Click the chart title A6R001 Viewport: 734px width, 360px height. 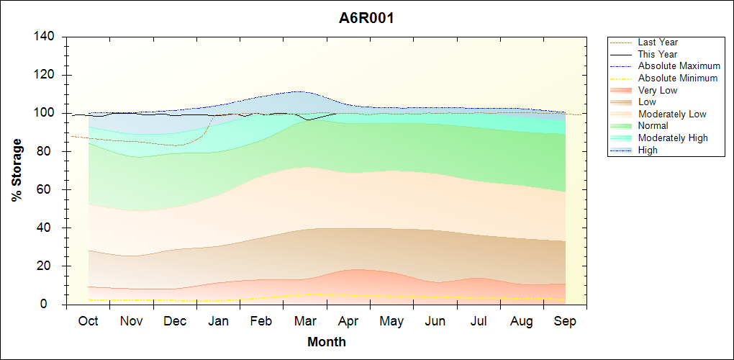[366, 19]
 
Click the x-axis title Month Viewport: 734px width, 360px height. [327, 342]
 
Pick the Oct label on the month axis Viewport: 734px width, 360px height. [88, 321]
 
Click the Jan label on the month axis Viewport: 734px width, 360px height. [218, 321]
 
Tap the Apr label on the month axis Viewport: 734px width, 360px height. [348, 321]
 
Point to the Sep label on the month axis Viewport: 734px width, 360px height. [565, 321]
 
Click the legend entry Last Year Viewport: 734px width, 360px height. [658, 42]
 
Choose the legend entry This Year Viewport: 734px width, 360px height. [658, 54]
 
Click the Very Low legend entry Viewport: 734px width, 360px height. [658, 90]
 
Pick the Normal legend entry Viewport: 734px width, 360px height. [653, 126]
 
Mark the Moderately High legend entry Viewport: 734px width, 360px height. [673, 138]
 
